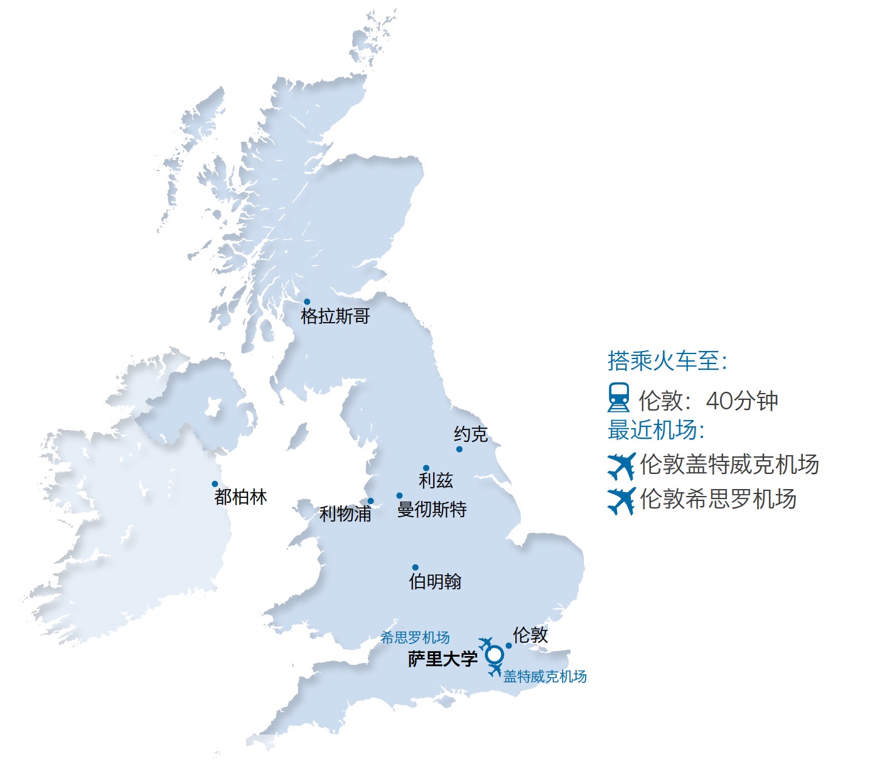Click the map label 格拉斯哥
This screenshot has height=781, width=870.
335,316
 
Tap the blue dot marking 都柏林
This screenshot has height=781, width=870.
215,484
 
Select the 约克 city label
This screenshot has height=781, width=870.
471,434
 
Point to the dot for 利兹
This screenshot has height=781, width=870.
426,468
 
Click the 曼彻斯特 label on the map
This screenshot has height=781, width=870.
432,509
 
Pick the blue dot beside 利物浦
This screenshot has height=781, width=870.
370,501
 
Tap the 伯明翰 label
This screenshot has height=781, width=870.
435,581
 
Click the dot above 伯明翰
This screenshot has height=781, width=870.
415,568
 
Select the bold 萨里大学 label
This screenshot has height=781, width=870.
443,659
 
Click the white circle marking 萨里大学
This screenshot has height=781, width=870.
495,655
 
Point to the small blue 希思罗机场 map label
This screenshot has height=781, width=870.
415,638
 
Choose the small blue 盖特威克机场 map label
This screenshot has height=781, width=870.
545,677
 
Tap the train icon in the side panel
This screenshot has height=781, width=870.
619,398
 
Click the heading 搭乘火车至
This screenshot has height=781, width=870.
667,361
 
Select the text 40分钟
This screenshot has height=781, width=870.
742,401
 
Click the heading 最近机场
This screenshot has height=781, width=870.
656,430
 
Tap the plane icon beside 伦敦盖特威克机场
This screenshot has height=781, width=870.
621,466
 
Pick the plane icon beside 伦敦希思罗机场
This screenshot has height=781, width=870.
621,500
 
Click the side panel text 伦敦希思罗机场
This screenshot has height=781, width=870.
718,499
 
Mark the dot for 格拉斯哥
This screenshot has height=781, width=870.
307,302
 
